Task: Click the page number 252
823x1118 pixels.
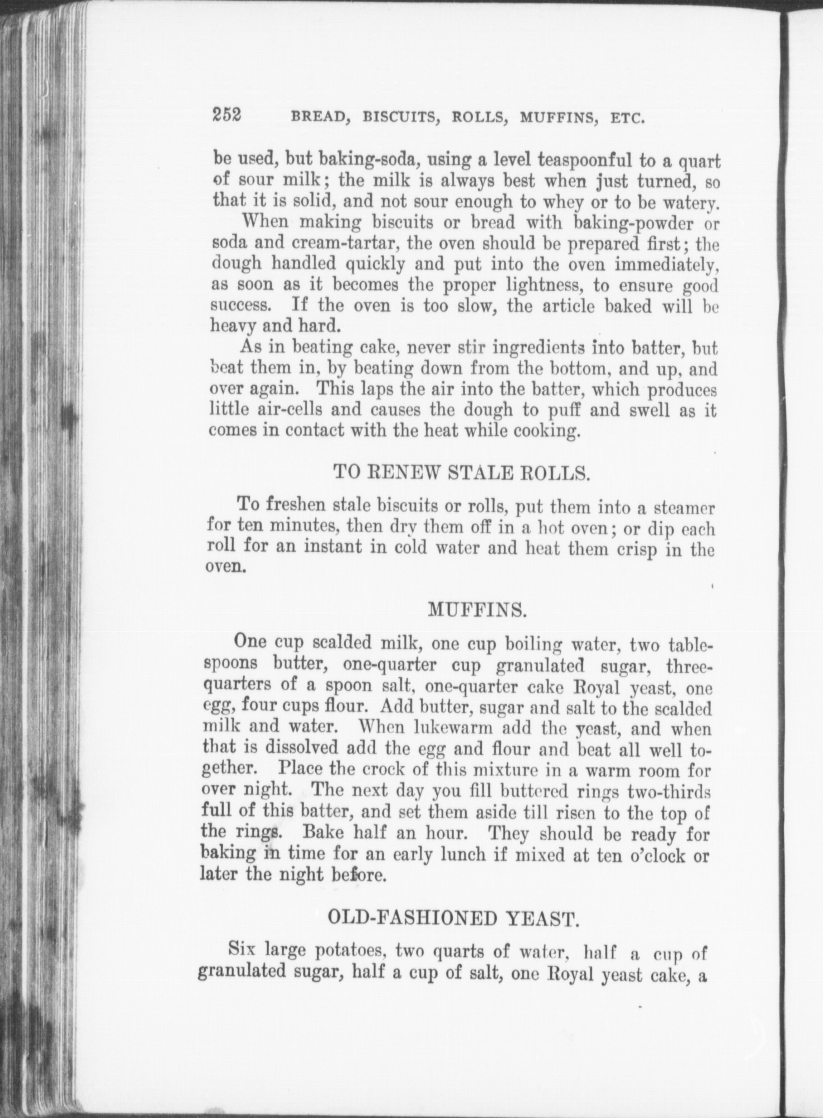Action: point(226,115)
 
